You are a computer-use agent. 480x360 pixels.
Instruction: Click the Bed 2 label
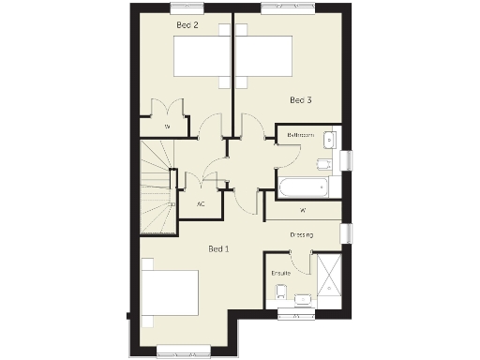click(x=187, y=25)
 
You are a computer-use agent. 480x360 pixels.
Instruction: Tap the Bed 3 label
click(x=300, y=99)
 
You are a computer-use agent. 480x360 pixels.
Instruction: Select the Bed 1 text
click(x=218, y=248)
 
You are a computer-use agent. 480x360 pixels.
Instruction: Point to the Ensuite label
click(x=279, y=273)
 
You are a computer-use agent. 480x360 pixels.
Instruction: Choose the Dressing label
click(x=301, y=234)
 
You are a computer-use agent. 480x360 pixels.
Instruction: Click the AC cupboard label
click(x=201, y=203)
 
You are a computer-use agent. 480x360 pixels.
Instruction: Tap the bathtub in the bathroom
click(x=302, y=186)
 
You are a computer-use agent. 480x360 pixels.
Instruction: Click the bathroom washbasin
click(x=328, y=141)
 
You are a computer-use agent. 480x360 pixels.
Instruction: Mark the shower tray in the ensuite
click(x=329, y=277)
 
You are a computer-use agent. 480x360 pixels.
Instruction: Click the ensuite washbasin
click(x=303, y=300)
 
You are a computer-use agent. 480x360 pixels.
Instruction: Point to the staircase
click(x=158, y=187)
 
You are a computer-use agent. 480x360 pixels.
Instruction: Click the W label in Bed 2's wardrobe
click(x=168, y=126)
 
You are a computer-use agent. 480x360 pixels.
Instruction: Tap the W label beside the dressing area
click(x=303, y=210)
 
